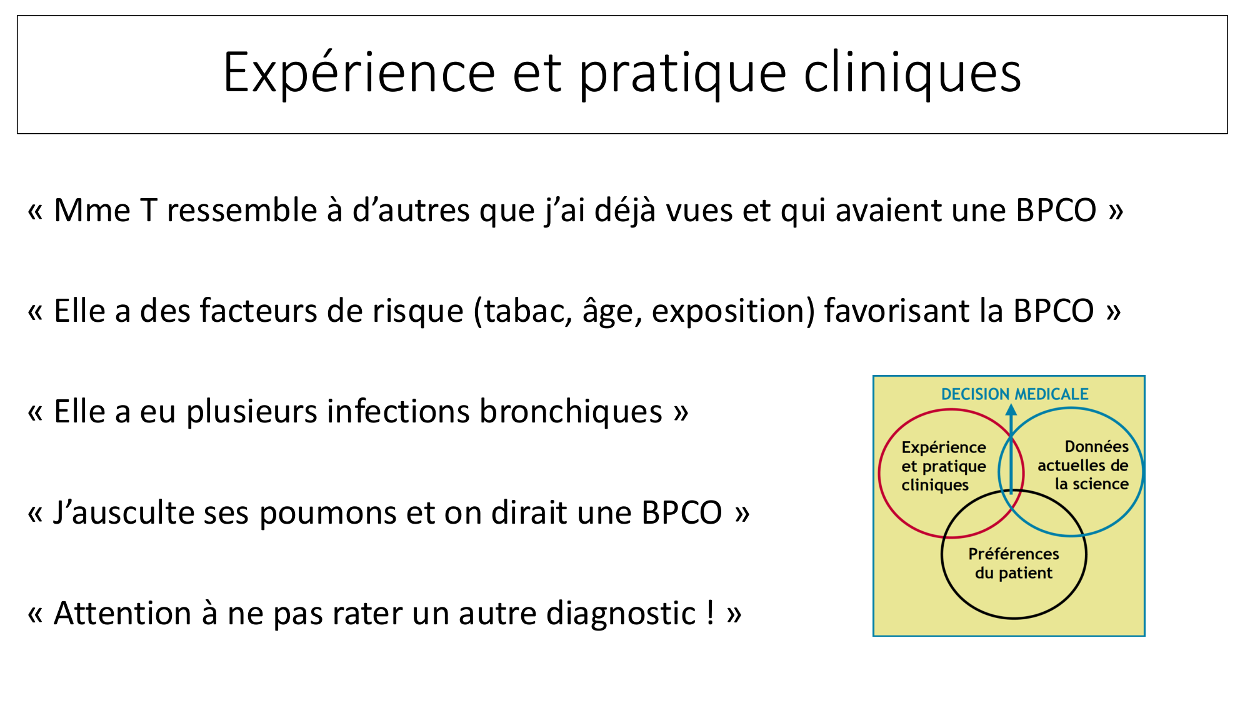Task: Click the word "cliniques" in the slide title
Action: (x=912, y=74)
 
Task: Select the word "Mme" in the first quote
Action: (x=92, y=211)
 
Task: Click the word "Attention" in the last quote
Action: (x=122, y=614)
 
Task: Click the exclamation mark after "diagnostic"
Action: (x=711, y=613)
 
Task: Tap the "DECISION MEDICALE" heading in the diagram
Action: (x=1015, y=394)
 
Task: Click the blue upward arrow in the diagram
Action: (x=1011, y=449)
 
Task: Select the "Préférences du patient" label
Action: (x=1014, y=564)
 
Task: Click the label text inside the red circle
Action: (x=944, y=466)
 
